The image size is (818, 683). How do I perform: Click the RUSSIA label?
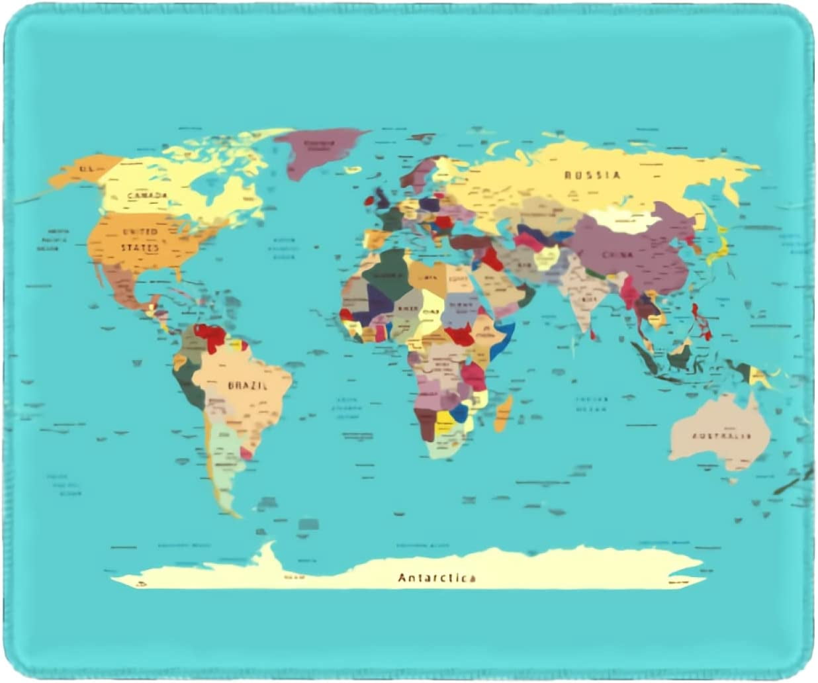coord(592,175)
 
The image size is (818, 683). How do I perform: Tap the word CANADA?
coord(147,196)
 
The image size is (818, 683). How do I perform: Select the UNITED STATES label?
coord(140,240)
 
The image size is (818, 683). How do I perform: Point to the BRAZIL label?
coord(248,385)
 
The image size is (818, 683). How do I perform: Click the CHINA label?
coord(617,254)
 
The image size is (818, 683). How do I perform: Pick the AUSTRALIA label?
coord(722,436)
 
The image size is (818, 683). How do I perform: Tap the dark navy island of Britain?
coord(383,197)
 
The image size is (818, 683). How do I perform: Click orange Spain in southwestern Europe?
coord(375,239)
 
